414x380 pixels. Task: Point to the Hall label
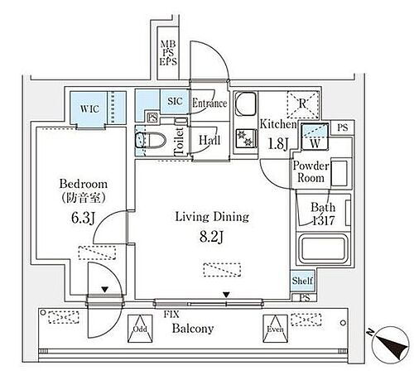point(207,141)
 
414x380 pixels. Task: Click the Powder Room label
point(311,170)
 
